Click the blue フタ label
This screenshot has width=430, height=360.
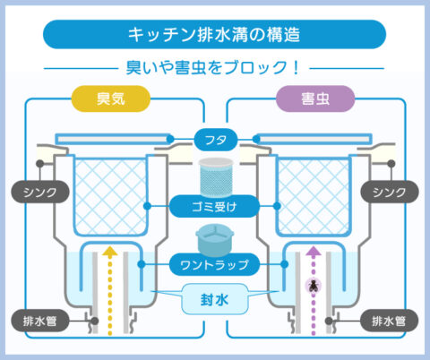point(215,140)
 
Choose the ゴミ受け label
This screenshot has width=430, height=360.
point(215,206)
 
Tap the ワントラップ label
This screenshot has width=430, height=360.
point(215,264)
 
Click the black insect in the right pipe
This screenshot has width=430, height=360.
point(314,287)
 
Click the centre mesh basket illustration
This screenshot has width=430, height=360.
point(215,176)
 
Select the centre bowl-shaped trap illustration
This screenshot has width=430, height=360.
point(215,239)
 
